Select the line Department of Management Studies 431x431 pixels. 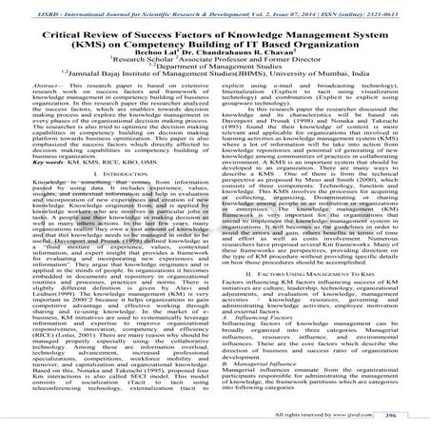pyautogui.click(x=215, y=83)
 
